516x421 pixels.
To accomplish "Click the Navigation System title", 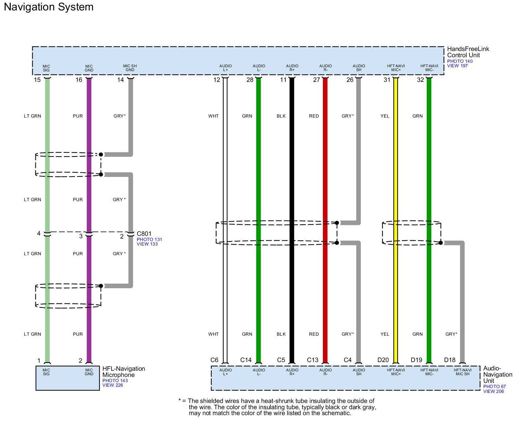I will (x=49, y=7).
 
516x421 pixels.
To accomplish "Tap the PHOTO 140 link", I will (x=460, y=61).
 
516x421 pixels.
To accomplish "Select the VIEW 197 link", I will (x=458, y=66).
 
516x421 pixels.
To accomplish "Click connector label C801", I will (x=144, y=234).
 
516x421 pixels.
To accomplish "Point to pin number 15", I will (x=37, y=80).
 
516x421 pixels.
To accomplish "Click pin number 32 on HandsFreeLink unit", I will (x=421, y=80).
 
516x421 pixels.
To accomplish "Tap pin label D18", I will (x=450, y=360).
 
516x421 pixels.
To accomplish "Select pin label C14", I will (x=246, y=360).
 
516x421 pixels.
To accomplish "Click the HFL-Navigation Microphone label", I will (x=124, y=372).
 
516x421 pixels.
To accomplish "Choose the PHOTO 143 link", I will (x=115, y=380).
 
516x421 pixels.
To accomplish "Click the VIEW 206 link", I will (x=493, y=392).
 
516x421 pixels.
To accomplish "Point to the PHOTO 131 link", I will (x=149, y=239).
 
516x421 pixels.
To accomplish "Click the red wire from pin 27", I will (x=325, y=173).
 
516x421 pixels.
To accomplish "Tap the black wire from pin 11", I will (x=292, y=173).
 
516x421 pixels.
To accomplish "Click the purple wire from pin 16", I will (x=89, y=132).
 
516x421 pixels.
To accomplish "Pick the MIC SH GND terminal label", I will (x=130, y=68).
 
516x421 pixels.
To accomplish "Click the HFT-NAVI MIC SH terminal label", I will (x=462, y=372).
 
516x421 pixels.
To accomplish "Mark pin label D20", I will (x=383, y=360).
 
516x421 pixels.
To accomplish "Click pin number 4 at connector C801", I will (x=39, y=233).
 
